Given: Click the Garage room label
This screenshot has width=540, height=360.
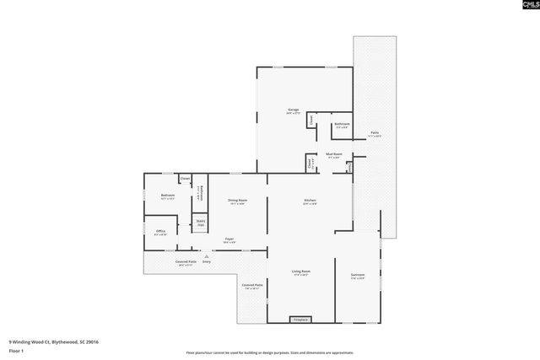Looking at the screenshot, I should [x=294, y=110].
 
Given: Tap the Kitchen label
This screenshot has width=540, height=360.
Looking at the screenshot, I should [x=310, y=200].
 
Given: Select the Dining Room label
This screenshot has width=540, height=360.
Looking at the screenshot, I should [x=237, y=200].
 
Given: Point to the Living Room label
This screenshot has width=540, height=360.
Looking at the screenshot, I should [x=300, y=271].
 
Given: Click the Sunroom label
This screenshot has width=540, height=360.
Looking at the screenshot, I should [x=357, y=275].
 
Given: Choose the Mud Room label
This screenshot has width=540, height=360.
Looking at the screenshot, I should [x=334, y=154].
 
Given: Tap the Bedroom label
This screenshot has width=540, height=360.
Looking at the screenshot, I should [x=167, y=196].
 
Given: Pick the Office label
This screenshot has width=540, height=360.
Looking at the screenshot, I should [x=160, y=230].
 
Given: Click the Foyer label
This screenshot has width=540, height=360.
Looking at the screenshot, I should [x=229, y=239].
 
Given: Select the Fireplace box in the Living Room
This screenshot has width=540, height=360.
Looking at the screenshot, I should [x=300, y=320].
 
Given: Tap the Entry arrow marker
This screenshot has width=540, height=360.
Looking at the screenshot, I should [x=205, y=255].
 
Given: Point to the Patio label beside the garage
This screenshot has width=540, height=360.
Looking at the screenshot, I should [x=374, y=133].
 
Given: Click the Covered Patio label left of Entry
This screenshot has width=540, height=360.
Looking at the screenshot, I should [x=186, y=261].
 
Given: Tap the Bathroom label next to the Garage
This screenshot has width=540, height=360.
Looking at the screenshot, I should [x=342, y=125].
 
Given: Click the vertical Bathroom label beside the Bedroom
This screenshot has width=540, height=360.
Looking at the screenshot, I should [x=199, y=192].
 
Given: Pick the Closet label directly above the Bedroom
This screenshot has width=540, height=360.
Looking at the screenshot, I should [x=185, y=179].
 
